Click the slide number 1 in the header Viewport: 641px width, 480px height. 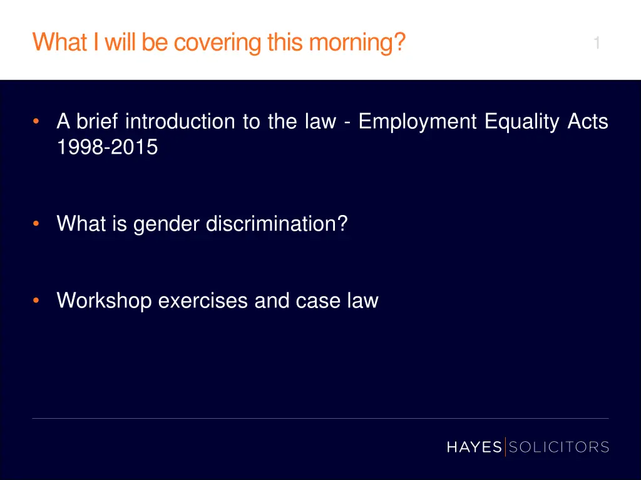[x=597, y=43]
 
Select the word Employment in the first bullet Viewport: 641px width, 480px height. [x=418, y=121]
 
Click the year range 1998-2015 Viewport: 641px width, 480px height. [x=107, y=147]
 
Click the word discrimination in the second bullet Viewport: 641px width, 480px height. [x=277, y=224]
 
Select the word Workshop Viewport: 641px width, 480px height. [x=105, y=301]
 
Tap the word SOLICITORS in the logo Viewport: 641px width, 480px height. [x=558, y=447]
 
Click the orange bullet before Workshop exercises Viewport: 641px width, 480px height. [x=38, y=301]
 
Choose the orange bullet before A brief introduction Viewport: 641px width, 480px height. [x=38, y=121]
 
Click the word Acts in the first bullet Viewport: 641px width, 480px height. [x=588, y=121]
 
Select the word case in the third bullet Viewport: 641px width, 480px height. [x=320, y=301]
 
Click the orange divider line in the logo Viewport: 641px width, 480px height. [x=505, y=447]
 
